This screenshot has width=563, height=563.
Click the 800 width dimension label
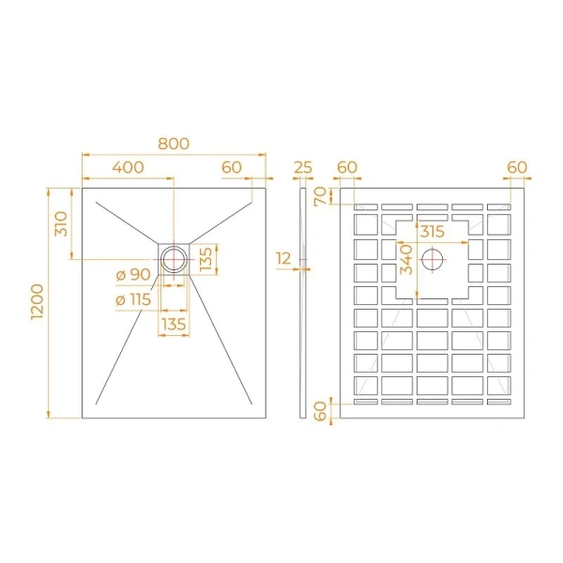pyautogui.click(x=174, y=144)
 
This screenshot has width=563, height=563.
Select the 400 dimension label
pyautogui.click(x=128, y=167)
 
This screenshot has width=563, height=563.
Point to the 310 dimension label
pyautogui.click(x=61, y=222)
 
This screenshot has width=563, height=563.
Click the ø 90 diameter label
pyautogui.click(x=133, y=274)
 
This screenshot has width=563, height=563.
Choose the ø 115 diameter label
pyautogui.click(x=133, y=299)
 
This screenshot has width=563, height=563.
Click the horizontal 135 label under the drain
pyautogui.click(x=174, y=324)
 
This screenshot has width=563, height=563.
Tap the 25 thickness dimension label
pyautogui.click(x=303, y=167)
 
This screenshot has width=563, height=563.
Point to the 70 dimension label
pyautogui.click(x=320, y=196)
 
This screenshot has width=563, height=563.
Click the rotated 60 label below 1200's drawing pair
pyautogui.click(x=320, y=411)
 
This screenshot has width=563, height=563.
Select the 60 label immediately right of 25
pyautogui.click(x=347, y=167)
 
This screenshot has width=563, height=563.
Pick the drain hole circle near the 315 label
pyautogui.click(x=434, y=258)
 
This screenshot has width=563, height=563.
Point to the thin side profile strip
pyautogui.click(x=303, y=300)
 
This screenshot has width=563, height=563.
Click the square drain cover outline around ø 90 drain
pyautogui.click(x=160, y=246)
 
